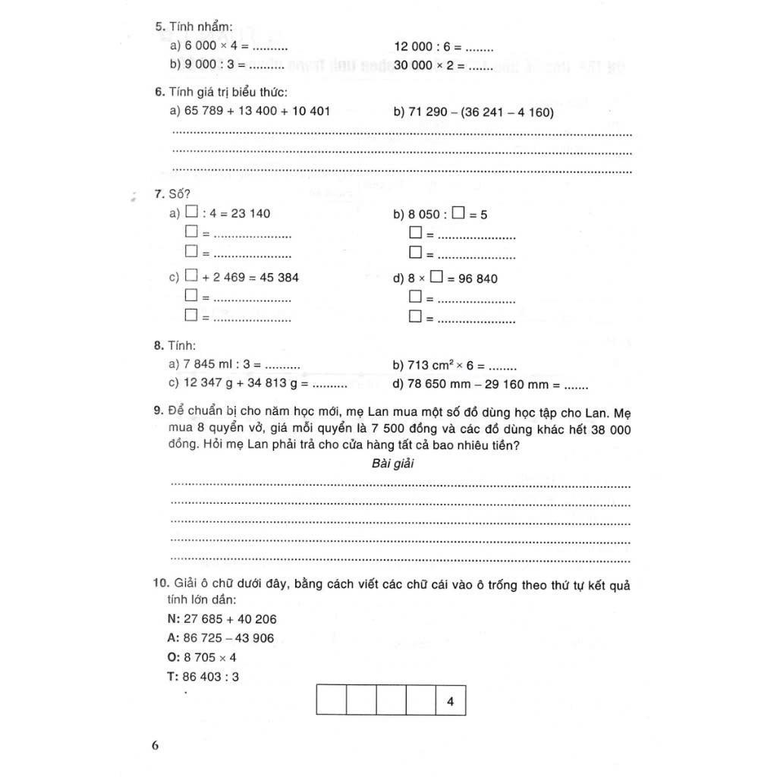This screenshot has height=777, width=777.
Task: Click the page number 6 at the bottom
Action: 156,744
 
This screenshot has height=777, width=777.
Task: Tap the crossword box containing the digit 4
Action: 451,702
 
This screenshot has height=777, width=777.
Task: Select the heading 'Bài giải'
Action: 393,464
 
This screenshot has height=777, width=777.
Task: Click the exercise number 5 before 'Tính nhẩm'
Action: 159,28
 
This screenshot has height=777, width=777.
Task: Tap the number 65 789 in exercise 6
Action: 203,112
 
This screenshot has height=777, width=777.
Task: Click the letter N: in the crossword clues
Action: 171,618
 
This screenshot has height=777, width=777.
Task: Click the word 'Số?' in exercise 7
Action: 179,195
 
